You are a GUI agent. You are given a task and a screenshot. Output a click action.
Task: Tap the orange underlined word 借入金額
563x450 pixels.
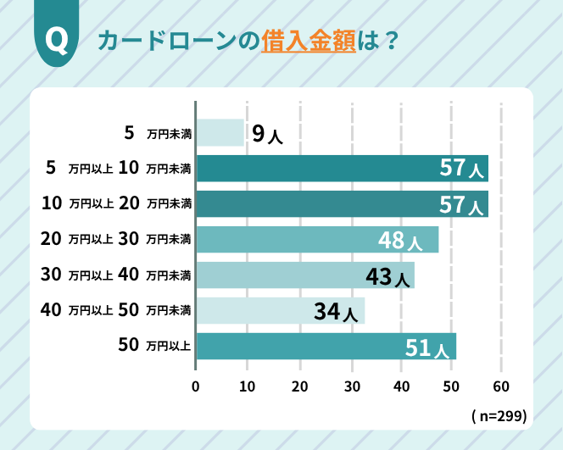(x=308, y=42)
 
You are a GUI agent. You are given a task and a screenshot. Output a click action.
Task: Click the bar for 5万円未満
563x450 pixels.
(x=220, y=133)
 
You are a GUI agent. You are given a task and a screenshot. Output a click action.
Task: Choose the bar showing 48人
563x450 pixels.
(x=317, y=240)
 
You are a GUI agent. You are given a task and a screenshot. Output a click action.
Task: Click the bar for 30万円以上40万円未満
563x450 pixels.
(x=305, y=275)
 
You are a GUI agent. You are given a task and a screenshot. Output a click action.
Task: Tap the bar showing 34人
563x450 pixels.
(x=281, y=311)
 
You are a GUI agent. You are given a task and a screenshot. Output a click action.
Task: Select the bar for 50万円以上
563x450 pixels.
(x=326, y=347)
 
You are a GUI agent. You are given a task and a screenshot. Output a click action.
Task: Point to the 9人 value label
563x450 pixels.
(x=267, y=133)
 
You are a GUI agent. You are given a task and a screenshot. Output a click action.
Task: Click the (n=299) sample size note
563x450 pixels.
(x=499, y=416)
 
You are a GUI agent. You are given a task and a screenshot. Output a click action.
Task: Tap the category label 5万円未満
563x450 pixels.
(x=158, y=133)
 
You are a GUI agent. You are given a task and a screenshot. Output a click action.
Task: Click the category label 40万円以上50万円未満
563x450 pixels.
(x=116, y=311)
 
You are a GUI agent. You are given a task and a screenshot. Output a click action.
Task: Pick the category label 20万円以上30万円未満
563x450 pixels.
(x=116, y=240)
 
